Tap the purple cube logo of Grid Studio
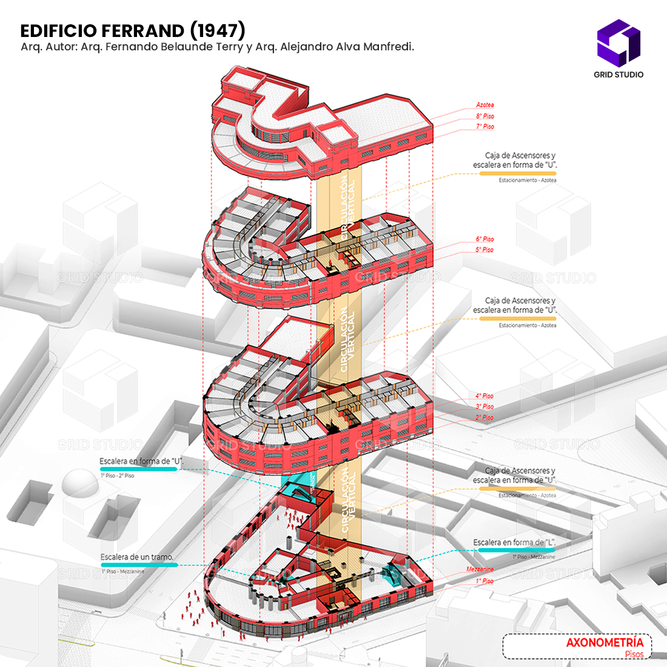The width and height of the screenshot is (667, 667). pyautogui.click(x=618, y=42)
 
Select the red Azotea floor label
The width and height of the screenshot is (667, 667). pyautogui.click(x=484, y=105)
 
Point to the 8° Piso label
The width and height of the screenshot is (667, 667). pyautogui.click(x=484, y=116)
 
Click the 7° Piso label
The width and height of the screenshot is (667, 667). pyautogui.click(x=484, y=127)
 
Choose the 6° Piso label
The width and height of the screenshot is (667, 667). pyautogui.click(x=484, y=240)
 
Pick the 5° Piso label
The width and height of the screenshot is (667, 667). pyautogui.click(x=484, y=250)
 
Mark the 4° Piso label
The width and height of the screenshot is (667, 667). pyautogui.click(x=484, y=396)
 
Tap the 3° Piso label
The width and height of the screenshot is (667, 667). pyautogui.click(x=484, y=407)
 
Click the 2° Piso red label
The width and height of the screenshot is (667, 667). pyautogui.click(x=484, y=418)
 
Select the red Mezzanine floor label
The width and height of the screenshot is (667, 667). pyautogui.click(x=480, y=569)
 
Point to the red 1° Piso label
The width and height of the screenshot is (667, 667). pyautogui.click(x=484, y=581)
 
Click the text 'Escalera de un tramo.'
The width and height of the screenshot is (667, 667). pyautogui.click(x=137, y=557)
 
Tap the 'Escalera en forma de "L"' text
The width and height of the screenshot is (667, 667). pyautogui.click(x=515, y=543)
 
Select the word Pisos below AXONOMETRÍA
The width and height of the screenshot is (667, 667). pyautogui.click(x=634, y=654)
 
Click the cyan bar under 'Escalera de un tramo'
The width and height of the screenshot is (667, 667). pyautogui.click(x=139, y=565)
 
